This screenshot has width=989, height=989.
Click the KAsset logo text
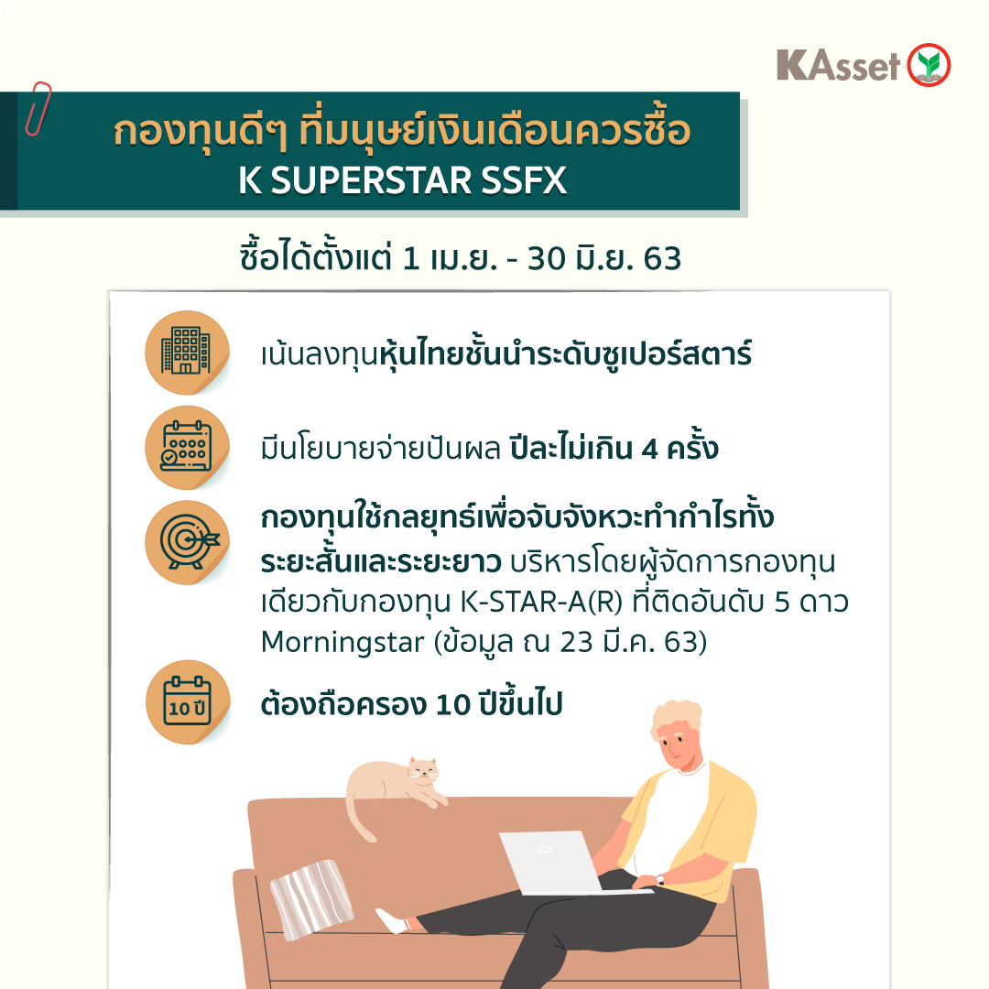point(838,66)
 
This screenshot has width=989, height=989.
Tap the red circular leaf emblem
point(929,65)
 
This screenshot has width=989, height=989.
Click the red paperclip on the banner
point(38,108)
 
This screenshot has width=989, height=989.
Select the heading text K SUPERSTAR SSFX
point(402,180)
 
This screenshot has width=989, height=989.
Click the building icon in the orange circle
point(186,351)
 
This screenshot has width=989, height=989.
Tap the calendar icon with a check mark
point(186,446)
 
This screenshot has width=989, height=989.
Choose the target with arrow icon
point(189,541)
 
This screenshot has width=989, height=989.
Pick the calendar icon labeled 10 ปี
point(188,701)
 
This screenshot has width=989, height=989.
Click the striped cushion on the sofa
point(311,898)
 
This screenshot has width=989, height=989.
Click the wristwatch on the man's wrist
point(660,879)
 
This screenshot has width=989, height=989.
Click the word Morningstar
point(342,642)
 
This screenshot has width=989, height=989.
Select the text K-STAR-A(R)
point(541,602)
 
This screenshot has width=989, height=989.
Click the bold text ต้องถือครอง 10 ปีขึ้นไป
point(411,703)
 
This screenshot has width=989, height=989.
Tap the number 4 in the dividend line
point(649,449)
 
